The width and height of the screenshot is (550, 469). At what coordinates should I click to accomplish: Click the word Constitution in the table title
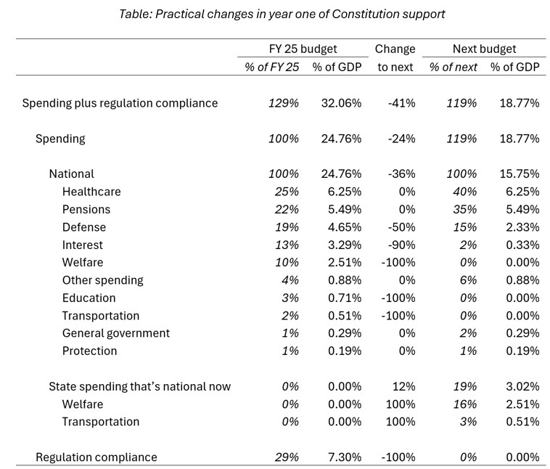(365, 14)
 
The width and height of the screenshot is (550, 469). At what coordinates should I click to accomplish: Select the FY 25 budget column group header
(303, 49)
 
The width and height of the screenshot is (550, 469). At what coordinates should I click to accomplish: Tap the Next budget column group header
(484, 49)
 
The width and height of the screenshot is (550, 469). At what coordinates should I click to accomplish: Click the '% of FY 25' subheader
(272, 67)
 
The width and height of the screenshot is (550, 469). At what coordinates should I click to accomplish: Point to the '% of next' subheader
(453, 67)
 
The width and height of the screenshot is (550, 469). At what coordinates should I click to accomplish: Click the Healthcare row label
(91, 192)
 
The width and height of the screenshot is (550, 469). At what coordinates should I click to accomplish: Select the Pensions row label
(86, 209)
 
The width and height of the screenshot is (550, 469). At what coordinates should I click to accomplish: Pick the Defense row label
(84, 227)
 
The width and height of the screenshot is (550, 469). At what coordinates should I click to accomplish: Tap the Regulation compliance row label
(97, 457)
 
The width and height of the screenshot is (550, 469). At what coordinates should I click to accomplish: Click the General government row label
(116, 333)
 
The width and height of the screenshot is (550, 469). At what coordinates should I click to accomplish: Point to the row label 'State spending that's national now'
(139, 386)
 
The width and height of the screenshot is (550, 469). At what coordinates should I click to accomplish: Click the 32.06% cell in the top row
(341, 103)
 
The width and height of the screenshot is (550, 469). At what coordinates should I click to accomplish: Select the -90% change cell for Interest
(402, 245)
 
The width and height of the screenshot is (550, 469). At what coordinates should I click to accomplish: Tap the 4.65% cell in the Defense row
(345, 227)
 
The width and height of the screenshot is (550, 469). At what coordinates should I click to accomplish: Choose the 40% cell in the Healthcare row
(464, 192)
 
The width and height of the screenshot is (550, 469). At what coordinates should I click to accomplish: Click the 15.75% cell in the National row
(520, 174)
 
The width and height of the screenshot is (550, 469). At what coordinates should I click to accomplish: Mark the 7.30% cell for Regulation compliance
(345, 457)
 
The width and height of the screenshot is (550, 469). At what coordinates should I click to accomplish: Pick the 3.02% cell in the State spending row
(522, 386)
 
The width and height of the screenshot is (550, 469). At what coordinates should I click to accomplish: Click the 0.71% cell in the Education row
(345, 298)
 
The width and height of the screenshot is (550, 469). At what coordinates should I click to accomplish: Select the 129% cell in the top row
(284, 103)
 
